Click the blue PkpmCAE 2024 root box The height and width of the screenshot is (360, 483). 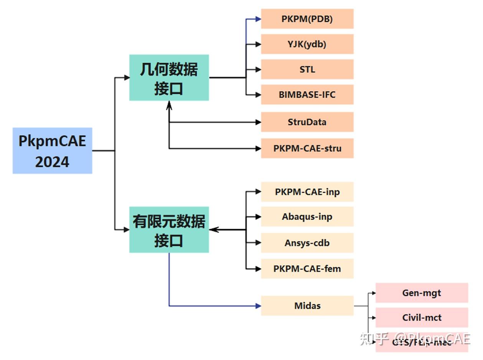tap(52, 151)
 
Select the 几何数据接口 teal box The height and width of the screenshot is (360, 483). tap(169, 78)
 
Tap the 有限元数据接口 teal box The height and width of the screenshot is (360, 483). tap(169, 230)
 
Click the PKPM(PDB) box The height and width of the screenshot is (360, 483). tap(307, 19)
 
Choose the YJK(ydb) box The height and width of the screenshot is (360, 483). tap(307, 44)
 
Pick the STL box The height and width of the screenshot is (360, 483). tap(307, 69)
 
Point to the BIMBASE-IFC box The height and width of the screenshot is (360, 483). tap(307, 95)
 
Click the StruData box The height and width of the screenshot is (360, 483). tap(307, 122)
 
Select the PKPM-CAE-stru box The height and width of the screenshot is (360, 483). tap(307, 148)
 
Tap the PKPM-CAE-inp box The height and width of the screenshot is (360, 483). tap(307, 192)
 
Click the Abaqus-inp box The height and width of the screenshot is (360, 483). tap(307, 217)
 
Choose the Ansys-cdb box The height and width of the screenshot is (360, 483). tap(307, 243)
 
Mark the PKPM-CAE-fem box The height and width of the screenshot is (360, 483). tap(307, 268)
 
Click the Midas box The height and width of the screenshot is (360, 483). tap(307, 306)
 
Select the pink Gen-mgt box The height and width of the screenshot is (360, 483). tap(422, 293)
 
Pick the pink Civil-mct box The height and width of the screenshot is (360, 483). tap(422, 317)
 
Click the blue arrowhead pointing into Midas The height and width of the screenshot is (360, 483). tap(258, 306)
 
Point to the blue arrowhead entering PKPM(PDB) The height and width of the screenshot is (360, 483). tap(258, 19)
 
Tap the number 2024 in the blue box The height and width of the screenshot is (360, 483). tap(52, 162)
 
